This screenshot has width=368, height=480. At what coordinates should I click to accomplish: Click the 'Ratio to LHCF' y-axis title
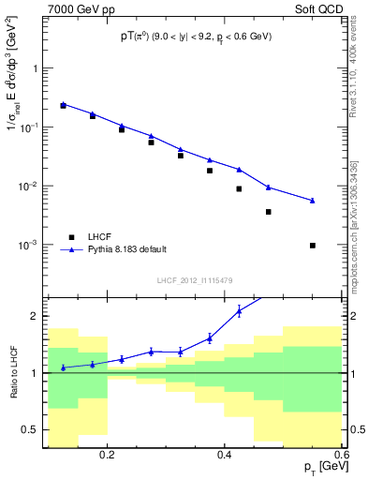tap(14, 373)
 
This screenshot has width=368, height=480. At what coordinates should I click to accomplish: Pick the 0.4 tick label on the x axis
tap(225, 454)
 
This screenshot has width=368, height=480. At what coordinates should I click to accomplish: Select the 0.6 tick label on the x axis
tap(340, 454)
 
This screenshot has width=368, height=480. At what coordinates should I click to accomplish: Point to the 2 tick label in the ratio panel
tap(35, 317)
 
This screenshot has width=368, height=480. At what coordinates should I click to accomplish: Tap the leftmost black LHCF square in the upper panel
tap(63, 106)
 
